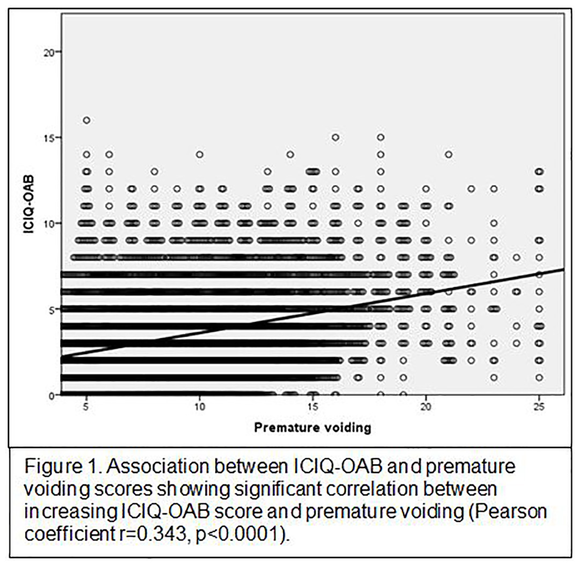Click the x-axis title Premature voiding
coord(313,428)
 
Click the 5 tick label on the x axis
coord(86,408)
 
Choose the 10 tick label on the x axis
coord(200,408)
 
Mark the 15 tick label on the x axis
coord(313,408)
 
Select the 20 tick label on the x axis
coord(426,408)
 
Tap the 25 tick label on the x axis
coord(539,408)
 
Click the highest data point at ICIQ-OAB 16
coord(86,120)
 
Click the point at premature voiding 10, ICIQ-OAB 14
coord(200,155)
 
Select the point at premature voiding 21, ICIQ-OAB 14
coord(448,155)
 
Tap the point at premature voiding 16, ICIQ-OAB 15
coord(335,137)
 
